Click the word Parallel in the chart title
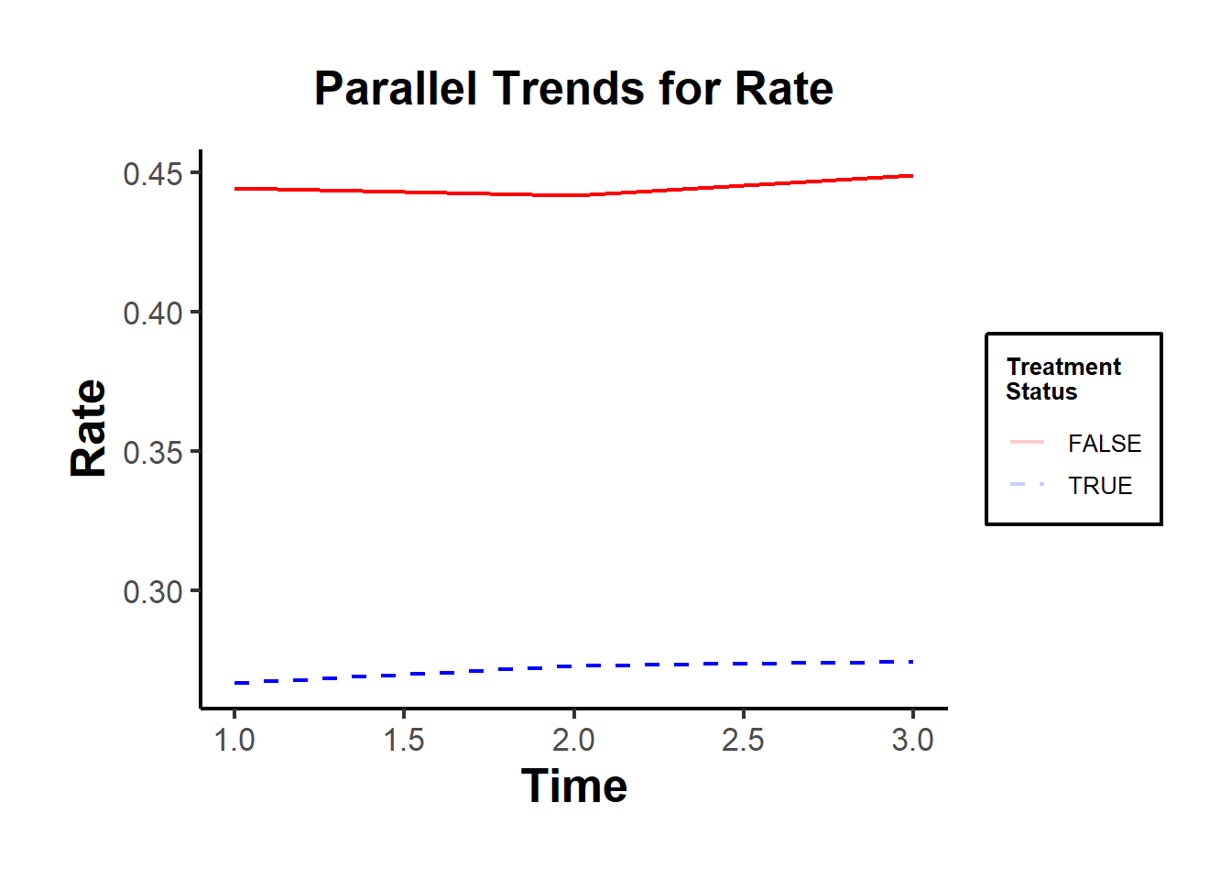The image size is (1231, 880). (396, 89)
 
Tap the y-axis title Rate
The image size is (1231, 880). (89, 428)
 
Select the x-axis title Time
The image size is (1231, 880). (574, 786)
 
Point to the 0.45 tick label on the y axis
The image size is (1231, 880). (153, 174)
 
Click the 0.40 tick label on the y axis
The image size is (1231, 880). (153, 313)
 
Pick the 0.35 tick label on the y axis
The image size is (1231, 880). (153, 453)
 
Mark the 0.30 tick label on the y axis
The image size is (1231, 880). (153, 592)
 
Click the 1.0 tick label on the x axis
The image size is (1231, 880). (234, 740)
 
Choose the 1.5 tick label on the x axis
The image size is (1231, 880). (404, 740)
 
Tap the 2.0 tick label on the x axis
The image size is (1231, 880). (574, 740)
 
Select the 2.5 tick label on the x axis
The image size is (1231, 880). (743, 740)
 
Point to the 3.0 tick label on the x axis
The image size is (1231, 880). (913, 740)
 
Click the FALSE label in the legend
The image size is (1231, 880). (1105, 444)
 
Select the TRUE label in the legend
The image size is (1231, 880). (1100, 486)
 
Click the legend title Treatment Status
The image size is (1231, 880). (1062, 379)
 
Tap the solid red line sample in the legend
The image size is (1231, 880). (1027, 442)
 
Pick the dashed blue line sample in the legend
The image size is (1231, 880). (1027, 484)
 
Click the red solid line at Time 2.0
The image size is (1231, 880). (574, 195)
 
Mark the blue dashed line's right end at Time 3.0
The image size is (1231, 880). (911, 662)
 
